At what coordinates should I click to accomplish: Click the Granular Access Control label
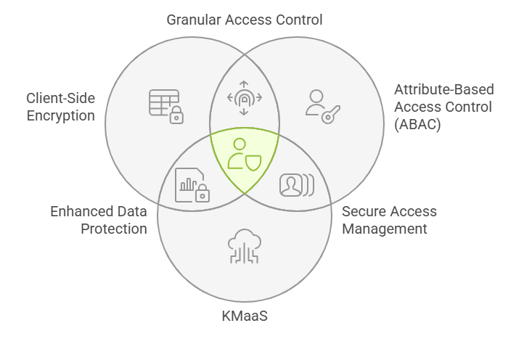pos(245,20)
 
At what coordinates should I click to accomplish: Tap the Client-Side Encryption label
pos(61,106)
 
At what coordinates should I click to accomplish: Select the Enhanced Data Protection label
pos(99,220)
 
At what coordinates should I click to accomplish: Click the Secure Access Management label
pos(389,220)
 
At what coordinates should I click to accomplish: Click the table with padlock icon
pos(165,106)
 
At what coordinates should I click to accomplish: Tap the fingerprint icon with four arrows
pos(245,98)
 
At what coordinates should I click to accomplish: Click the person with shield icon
pos(244,154)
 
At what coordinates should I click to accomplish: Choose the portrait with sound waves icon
pos(296,185)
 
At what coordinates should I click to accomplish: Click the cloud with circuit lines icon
pos(244,246)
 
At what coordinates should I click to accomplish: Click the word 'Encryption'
pos(61,115)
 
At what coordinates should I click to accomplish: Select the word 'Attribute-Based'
pos(443,90)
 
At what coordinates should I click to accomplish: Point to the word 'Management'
pos(385,229)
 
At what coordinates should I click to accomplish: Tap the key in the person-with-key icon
pos(332,112)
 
